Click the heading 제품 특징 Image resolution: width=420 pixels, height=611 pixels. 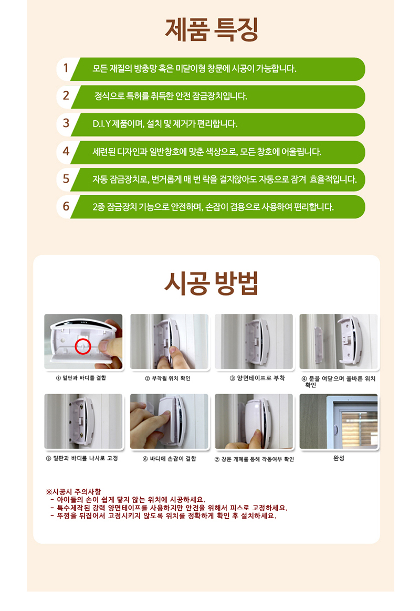pos(212,29)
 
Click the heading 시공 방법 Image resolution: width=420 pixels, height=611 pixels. pos(211,283)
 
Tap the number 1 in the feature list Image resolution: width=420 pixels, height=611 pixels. pos(66,68)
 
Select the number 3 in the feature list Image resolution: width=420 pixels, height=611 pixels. pos(66,123)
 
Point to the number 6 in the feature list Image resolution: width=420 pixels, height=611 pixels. pos(66,206)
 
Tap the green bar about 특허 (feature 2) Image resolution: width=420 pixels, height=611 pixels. pos(218,97)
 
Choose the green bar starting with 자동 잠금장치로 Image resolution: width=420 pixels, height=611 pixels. pos(218,180)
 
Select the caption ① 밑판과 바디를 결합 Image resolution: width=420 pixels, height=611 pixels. pos(81,378)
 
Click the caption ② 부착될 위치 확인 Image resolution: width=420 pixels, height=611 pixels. pos(167,378)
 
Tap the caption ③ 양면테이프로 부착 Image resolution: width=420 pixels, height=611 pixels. pos(257,378)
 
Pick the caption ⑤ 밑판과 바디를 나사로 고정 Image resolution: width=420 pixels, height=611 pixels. pos(82,458)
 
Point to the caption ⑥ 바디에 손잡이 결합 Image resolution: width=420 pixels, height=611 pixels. pos(170,459)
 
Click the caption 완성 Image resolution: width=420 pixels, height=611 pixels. pos(339,458)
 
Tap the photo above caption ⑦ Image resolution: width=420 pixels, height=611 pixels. pos(254,421)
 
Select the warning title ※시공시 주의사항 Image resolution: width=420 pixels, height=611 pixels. pos(73,492)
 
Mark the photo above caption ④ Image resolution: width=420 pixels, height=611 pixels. pos(339,341)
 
